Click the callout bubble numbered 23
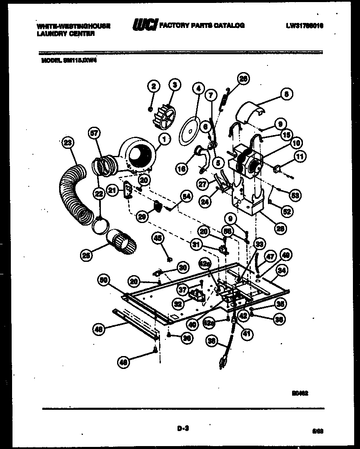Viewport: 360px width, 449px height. (67, 143)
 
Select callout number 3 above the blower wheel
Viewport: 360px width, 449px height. (175, 85)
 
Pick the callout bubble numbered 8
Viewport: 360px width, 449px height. (286, 94)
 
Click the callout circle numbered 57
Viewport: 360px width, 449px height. (94, 133)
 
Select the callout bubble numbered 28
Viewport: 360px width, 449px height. (280, 228)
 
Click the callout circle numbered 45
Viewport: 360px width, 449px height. (157, 238)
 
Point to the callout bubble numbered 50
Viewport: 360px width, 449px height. (104, 281)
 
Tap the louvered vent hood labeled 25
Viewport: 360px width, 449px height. (121, 241)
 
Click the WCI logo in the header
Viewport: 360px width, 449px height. (144, 26)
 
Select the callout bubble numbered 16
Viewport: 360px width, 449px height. (181, 168)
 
